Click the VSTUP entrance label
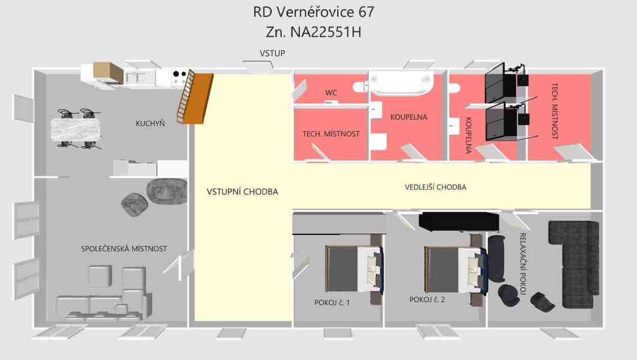272,53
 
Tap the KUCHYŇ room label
150,123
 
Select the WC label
331,93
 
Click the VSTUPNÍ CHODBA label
243,192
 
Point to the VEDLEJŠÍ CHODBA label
436,188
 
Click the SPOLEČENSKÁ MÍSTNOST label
124,249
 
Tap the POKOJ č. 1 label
332,303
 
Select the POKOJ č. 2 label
427,299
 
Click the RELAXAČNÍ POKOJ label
523,264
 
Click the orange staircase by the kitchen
195,97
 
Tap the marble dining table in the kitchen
76,129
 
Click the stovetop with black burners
179,76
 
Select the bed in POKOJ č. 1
354,268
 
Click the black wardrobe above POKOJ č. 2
459,221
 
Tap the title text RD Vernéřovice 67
313,12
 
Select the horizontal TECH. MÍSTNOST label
331,133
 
